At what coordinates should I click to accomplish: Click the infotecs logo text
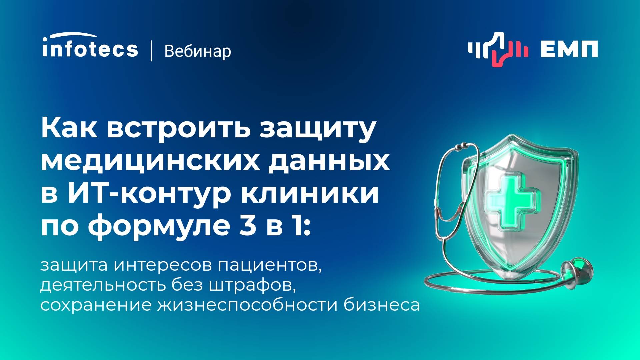(x=90, y=49)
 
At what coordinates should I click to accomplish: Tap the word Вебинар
(x=197, y=51)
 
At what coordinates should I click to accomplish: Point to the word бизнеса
(x=382, y=305)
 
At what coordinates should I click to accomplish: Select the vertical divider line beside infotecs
(x=152, y=51)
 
